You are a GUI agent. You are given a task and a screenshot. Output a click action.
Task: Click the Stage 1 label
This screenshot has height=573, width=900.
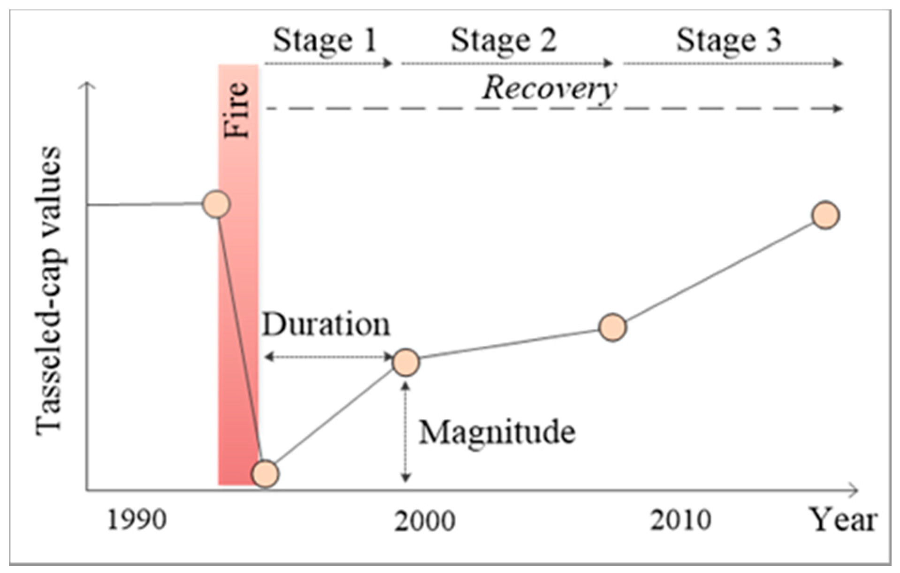click(x=325, y=40)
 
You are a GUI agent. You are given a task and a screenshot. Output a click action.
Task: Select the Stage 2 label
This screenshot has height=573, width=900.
click(x=503, y=40)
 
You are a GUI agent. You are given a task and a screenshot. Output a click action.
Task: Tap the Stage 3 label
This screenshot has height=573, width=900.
click(x=728, y=40)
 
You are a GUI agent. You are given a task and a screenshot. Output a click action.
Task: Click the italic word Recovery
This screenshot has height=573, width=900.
click(x=549, y=88)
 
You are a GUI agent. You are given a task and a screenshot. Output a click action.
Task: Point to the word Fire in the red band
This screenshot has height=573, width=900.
click(x=236, y=110)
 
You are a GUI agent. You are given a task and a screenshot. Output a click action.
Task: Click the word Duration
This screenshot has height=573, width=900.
click(x=326, y=325)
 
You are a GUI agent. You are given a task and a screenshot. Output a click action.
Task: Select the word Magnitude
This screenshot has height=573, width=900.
click(x=497, y=432)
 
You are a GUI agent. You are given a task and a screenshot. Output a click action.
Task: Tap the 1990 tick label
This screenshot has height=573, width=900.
click(x=137, y=520)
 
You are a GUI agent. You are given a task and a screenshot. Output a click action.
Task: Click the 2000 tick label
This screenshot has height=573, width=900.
click(x=425, y=520)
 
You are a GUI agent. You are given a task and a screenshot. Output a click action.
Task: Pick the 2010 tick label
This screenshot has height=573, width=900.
click(x=680, y=520)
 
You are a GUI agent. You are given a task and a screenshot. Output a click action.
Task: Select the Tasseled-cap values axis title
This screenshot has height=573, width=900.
click(x=49, y=291)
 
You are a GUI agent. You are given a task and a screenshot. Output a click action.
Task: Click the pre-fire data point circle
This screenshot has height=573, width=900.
click(x=216, y=204)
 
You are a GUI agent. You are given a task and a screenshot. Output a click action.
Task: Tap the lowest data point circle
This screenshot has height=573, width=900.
click(x=265, y=474)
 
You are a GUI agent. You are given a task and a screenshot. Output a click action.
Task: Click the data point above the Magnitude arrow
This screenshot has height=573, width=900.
click(x=406, y=362)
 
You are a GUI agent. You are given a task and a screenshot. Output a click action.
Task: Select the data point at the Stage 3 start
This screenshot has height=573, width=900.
click(x=613, y=327)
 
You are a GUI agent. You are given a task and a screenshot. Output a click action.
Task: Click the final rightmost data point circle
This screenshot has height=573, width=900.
click(x=825, y=215)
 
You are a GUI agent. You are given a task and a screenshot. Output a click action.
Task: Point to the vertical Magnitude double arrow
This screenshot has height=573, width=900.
click(x=406, y=432)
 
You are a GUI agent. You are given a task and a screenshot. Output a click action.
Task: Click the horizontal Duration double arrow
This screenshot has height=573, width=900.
click(x=328, y=357)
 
